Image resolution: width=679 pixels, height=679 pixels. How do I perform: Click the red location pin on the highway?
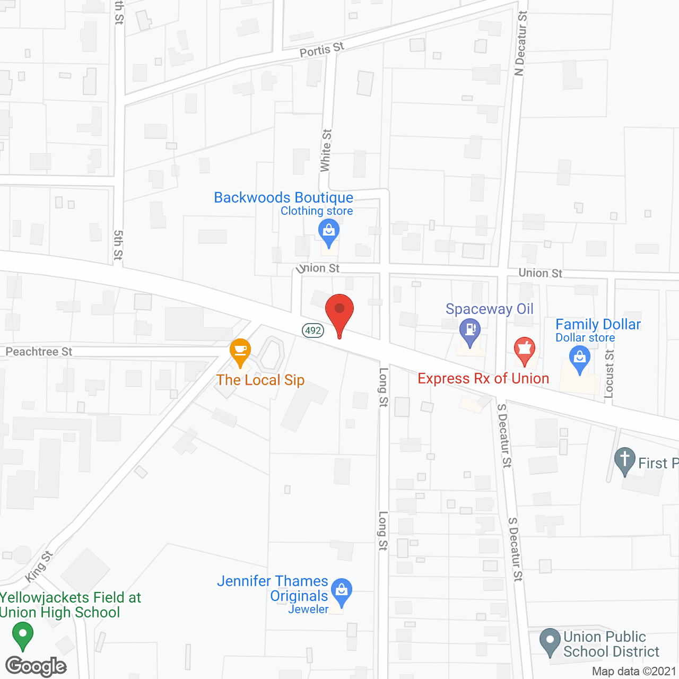339,312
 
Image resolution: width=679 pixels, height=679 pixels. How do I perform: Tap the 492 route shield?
313,330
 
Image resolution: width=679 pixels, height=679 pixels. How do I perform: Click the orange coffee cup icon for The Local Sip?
240,351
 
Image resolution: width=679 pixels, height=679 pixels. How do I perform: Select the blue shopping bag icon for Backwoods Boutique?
329,232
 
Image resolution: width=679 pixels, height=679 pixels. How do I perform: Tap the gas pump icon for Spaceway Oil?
470,330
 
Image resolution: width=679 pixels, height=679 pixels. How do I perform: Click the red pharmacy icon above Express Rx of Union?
525,350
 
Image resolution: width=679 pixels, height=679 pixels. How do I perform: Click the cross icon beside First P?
625,459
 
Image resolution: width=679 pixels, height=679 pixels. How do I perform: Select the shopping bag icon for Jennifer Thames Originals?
342,590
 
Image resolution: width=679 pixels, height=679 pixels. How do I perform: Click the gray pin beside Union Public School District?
550,641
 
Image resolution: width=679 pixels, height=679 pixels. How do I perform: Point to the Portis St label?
321,50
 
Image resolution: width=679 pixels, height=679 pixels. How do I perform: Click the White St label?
326,151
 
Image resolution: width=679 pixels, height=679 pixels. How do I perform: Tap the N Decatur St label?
521,43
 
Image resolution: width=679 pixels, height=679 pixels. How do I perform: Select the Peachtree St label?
39,352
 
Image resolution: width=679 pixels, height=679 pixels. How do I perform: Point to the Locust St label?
609,373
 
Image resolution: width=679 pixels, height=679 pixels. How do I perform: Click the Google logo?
36,666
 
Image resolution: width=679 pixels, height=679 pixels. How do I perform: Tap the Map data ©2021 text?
633,671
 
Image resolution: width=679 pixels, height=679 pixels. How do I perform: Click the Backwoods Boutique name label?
283,197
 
